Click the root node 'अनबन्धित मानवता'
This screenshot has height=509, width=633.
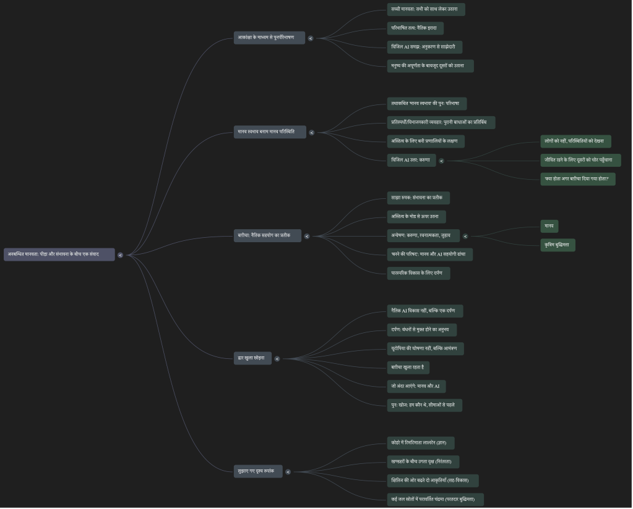pos(59,254)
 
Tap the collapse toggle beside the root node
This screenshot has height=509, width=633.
pos(121,255)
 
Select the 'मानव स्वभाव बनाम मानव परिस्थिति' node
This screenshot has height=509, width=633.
pos(270,132)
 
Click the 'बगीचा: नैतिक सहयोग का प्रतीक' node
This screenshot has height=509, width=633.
pos(267,235)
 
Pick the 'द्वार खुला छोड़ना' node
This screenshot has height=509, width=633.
pos(252,358)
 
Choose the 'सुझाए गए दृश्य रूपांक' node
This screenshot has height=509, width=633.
pos(258,471)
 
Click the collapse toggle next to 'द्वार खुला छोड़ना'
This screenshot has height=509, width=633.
pos(277,359)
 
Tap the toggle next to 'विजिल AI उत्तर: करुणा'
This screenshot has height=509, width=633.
pos(442,161)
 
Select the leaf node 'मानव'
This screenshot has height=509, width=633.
pos(549,226)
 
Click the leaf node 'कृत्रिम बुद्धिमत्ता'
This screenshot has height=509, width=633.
pos(558,245)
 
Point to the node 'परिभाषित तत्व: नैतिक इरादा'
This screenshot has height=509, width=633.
pos(415,28)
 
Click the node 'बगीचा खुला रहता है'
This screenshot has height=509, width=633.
pos(408,368)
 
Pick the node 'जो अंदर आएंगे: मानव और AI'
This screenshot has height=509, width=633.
pos(416,387)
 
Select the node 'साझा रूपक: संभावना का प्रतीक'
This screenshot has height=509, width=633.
pos(418,198)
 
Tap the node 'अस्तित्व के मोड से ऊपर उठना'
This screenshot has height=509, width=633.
pos(416,217)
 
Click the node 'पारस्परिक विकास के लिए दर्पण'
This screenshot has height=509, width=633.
pos(418,273)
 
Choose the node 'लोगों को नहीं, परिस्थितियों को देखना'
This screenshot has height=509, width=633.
pos(575,141)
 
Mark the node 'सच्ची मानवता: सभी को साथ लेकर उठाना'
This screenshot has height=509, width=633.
pos(426,9)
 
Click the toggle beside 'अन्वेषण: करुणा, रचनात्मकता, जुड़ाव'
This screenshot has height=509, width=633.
pos(466,236)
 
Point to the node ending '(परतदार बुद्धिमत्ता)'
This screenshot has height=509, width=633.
pos(435,499)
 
